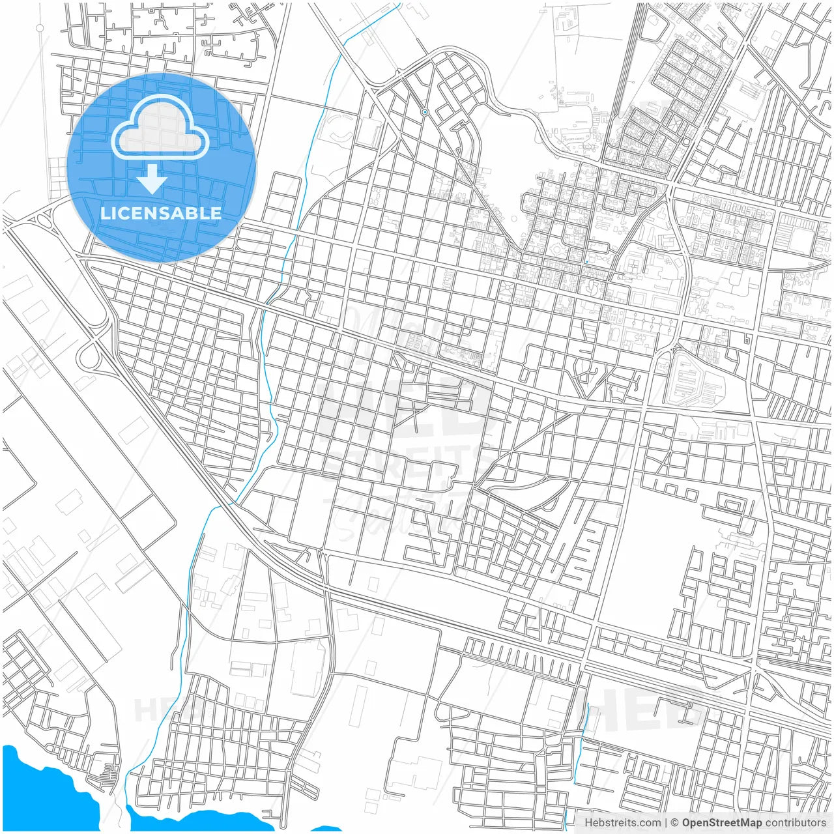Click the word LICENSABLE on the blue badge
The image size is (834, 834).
[160, 213]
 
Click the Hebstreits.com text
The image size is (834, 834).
[622, 823]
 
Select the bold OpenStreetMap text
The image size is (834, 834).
[722, 823]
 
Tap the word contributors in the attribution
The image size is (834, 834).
[796, 823]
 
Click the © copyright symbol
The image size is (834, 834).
[675, 823]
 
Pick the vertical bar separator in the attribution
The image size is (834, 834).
[666, 823]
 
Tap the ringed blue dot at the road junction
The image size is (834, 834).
[425, 112]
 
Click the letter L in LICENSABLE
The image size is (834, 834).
[104, 213]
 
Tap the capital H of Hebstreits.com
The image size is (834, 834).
[588, 823]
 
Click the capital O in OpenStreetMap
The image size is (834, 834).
[687, 823]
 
